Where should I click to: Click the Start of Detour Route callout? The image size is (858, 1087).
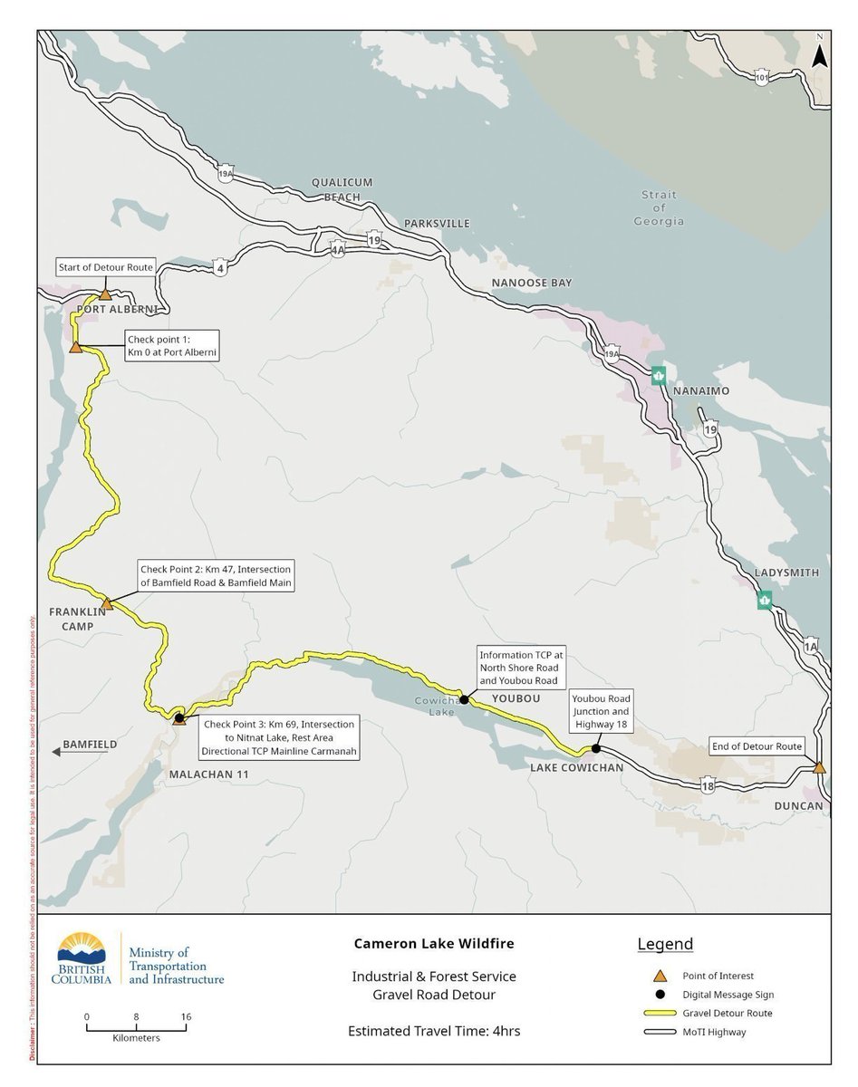tap(105, 267)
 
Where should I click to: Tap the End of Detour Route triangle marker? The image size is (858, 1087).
tap(819, 767)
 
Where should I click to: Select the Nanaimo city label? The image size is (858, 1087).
tap(700, 390)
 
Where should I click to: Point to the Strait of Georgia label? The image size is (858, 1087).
tap(659, 208)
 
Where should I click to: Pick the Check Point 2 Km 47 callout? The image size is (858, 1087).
tap(216, 576)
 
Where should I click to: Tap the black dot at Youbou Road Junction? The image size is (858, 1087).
tap(595, 749)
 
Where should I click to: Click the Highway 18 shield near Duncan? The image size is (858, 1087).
tap(708, 787)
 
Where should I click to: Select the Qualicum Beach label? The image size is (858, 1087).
tap(342, 189)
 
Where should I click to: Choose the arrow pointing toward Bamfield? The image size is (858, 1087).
tap(57, 751)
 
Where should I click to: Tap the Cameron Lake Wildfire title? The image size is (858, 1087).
tap(434, 944)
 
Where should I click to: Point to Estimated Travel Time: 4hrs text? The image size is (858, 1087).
tap(434, 1031)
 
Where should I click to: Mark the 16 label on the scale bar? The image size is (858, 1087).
tap(186, 1017)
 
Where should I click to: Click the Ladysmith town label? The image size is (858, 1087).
tap(786, 572)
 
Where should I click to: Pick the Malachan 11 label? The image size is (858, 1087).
tap(208, 774)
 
